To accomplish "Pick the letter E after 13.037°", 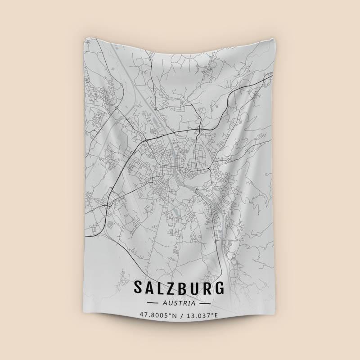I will [216, 315].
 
